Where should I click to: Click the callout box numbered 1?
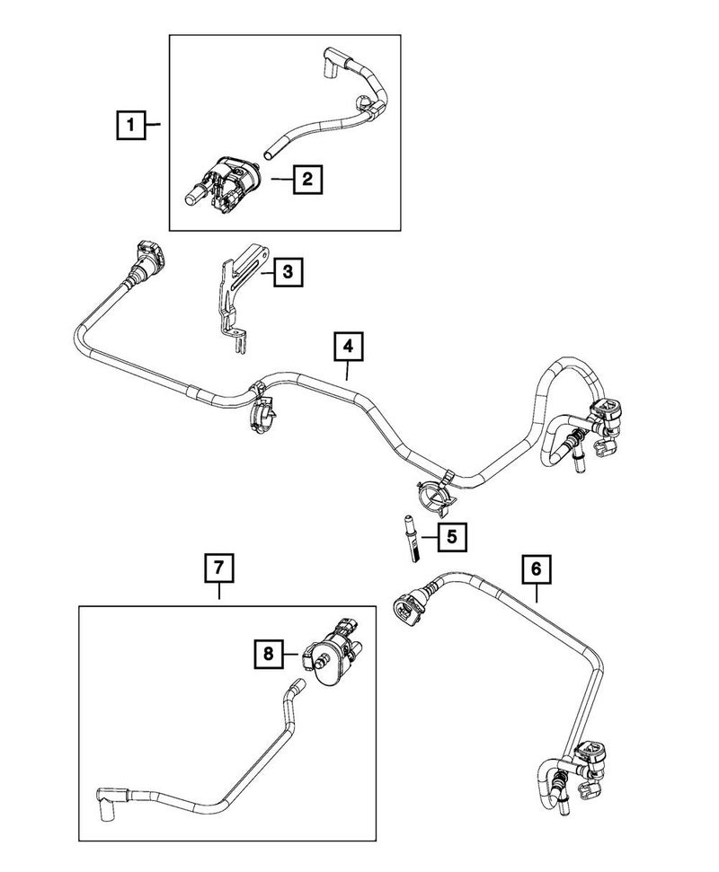(131, 125)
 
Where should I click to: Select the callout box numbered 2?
(306, 181)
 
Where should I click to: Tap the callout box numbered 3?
(287, 270)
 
